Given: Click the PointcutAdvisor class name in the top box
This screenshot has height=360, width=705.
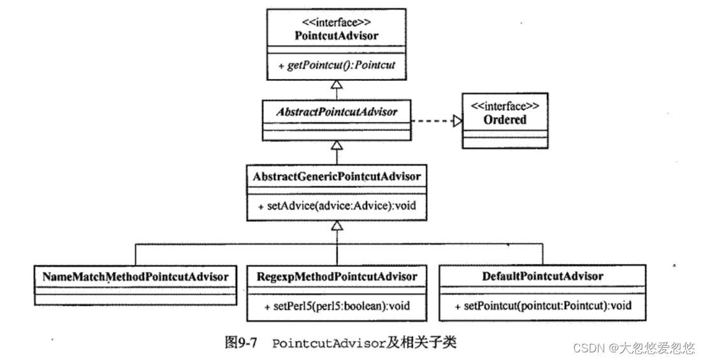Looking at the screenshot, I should coord(336,35).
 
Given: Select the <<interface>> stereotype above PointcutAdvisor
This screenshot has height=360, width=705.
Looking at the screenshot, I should coord(336,21).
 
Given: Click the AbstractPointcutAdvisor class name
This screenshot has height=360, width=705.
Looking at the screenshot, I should coord(336,112).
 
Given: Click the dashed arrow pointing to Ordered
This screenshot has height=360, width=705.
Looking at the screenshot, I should coord(433,120).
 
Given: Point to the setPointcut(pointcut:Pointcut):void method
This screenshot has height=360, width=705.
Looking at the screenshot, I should coord(544,306).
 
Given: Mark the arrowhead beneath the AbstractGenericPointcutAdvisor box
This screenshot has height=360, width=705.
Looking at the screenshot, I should coord(336,225).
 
